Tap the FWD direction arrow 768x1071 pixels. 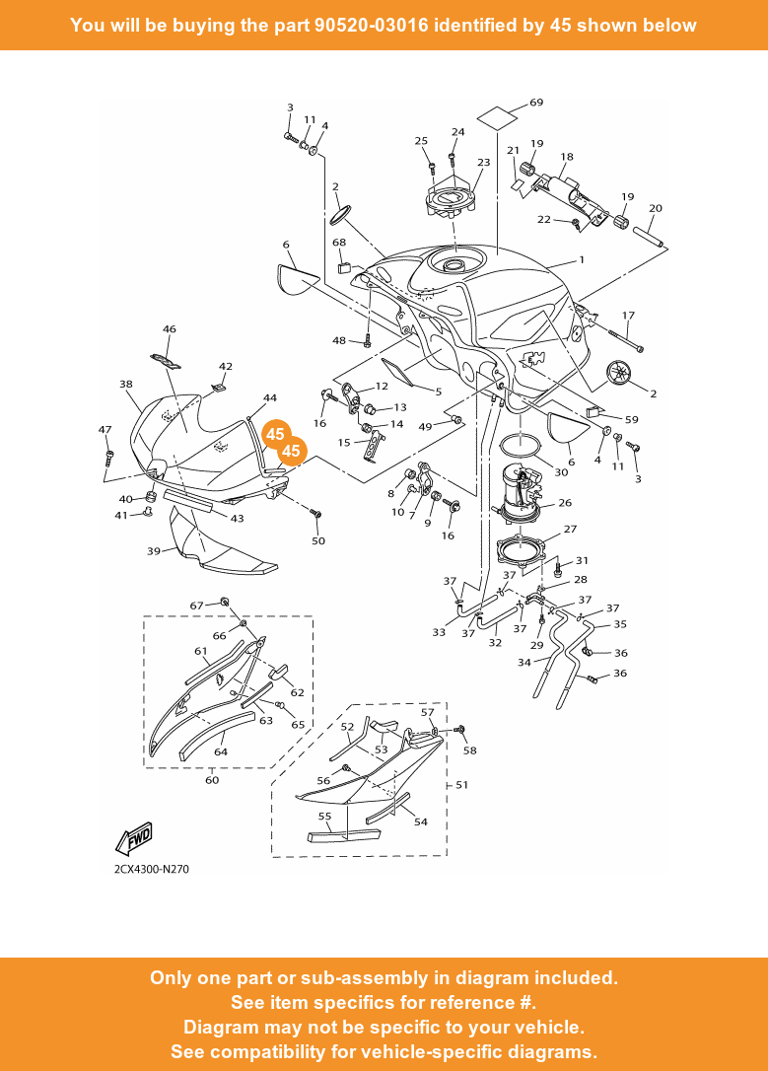pyautogui.click(x=134, y=839)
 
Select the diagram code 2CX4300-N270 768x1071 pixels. pyautogui.click(x=151, y=870)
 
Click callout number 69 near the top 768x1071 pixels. pyautogui.click(x=536, y=103)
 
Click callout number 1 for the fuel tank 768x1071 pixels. pyautogui.click(x=582, y=260)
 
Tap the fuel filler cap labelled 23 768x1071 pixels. pyautogui.click(x=452, y=202)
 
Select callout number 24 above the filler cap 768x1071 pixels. pyautogui.click(x=457, y=132)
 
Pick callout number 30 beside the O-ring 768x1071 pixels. pyautogui.click(x=561, y=472)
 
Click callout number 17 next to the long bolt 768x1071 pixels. pyautogui.click(x=628, y=316)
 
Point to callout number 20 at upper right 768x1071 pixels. pyautogui.click(x=656, y=208)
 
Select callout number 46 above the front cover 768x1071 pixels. pyautogui.click(x=170, y=329)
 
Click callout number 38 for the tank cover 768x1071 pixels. pyautogui.click(x=126, y=385)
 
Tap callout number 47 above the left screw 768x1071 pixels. pyautogui.click(x=105, y=430)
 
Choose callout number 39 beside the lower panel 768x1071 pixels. pyautogui.click(x=154, y=551)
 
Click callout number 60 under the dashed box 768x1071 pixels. pyautogui.click(x=212, y=780)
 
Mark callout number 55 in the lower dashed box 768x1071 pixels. pyautogui.click(x=324, y=817)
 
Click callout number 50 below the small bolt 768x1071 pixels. pyautogui.click(x=318, y=541)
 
